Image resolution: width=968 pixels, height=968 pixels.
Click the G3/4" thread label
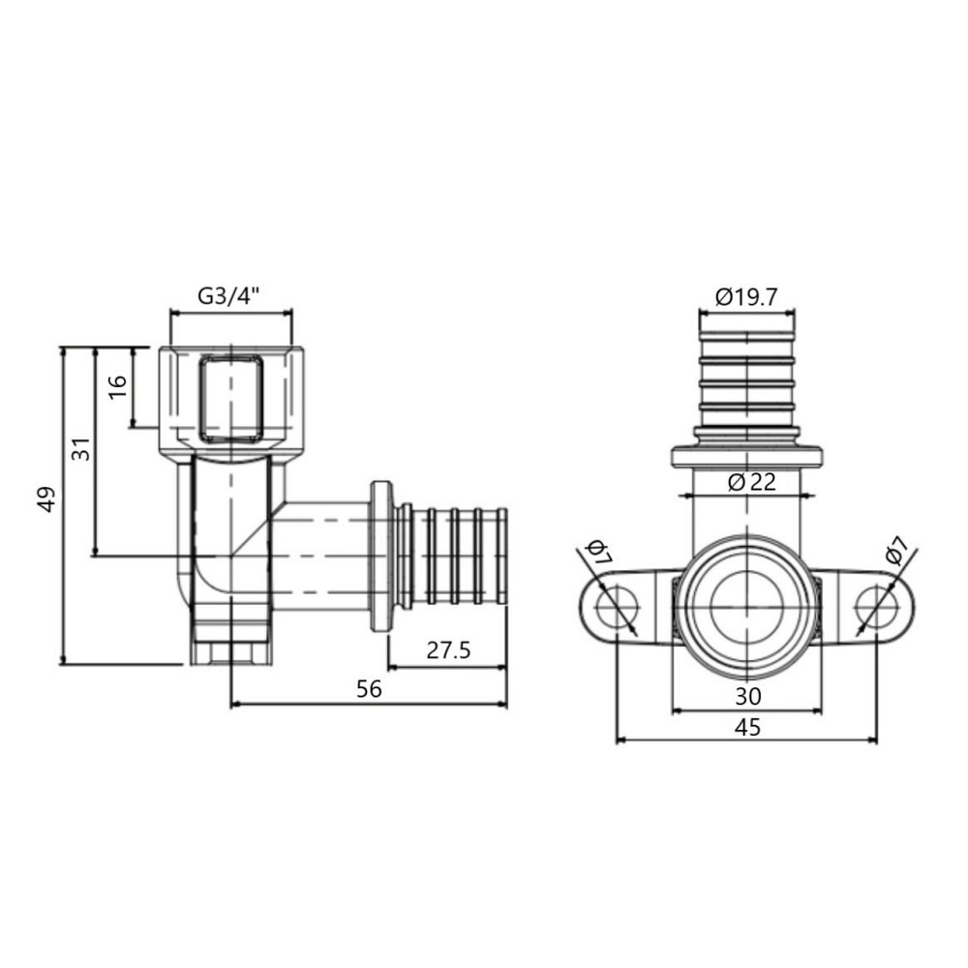[x=230, y=297]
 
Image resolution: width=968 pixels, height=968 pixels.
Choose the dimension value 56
[x=369, y=688]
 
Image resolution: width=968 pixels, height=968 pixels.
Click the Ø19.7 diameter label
[x=746, y=297]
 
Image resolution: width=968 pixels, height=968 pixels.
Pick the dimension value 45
[x=746, y=728]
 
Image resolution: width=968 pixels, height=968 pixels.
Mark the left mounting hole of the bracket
[x=612, y=608]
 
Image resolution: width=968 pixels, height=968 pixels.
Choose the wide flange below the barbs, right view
[x=746, y=454]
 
